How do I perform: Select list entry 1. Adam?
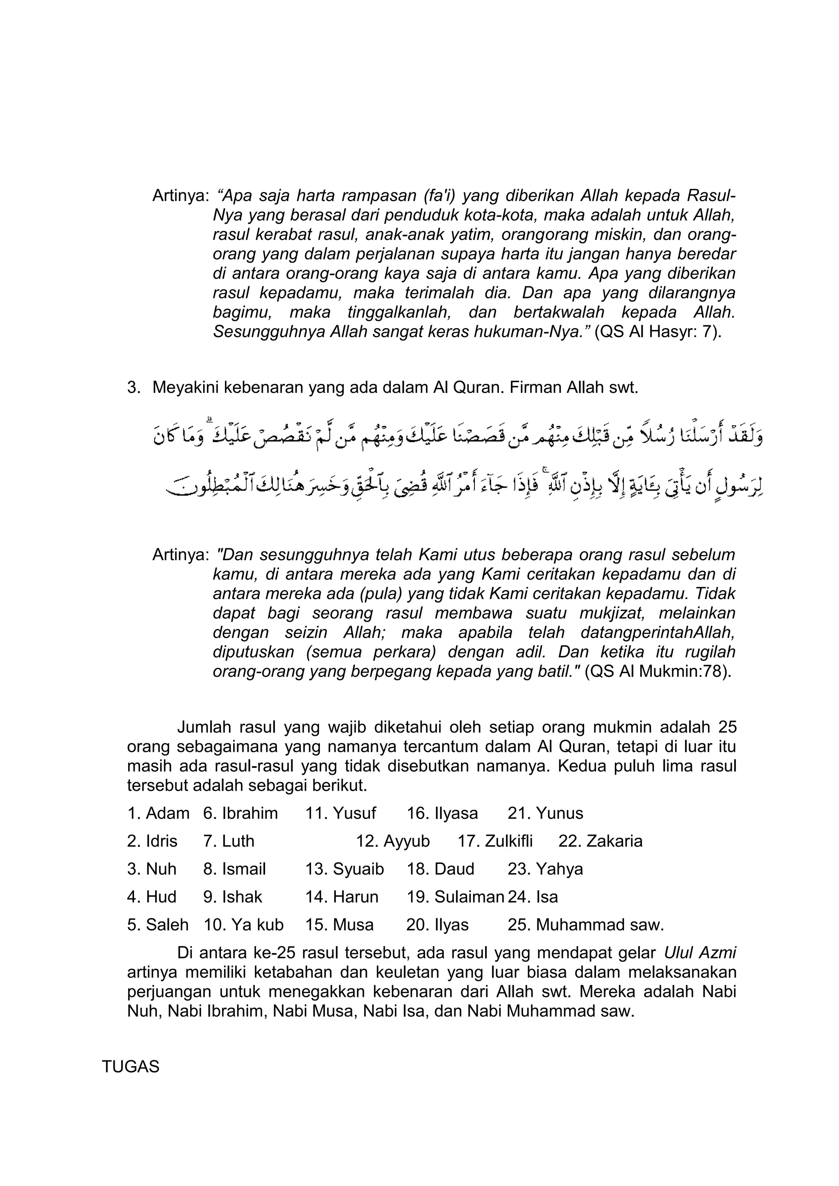click(158, 813)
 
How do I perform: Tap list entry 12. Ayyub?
click(393, 841)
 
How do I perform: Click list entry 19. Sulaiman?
click(455, 897)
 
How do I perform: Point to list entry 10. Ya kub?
click(243, 924)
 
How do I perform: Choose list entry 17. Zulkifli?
click(495, 841)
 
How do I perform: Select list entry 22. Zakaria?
click(600, 841)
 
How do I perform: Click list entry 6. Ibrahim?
click(240, 813)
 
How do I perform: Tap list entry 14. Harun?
click(342, 897)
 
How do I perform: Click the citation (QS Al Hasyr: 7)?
click(658, 331)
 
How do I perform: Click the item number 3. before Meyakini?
click(134, 388)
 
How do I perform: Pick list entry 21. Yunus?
click(545, 813)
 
